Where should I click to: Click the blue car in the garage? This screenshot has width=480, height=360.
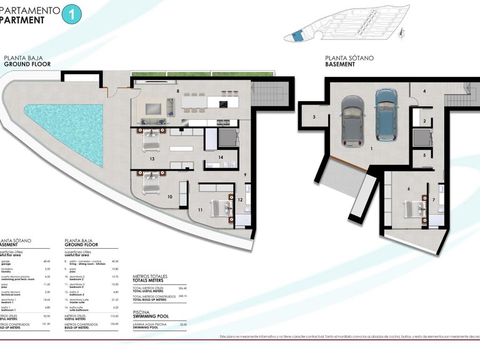tap(385, 114)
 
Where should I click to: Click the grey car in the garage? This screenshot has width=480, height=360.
tap(353, 118)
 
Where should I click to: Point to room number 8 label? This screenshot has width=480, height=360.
tap(178, 92)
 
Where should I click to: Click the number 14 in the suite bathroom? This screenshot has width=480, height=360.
tap(221, 157)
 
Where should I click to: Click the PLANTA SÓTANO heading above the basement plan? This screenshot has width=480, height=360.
tap(349, 58)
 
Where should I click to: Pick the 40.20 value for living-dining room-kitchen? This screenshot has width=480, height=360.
tap(114, 262)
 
